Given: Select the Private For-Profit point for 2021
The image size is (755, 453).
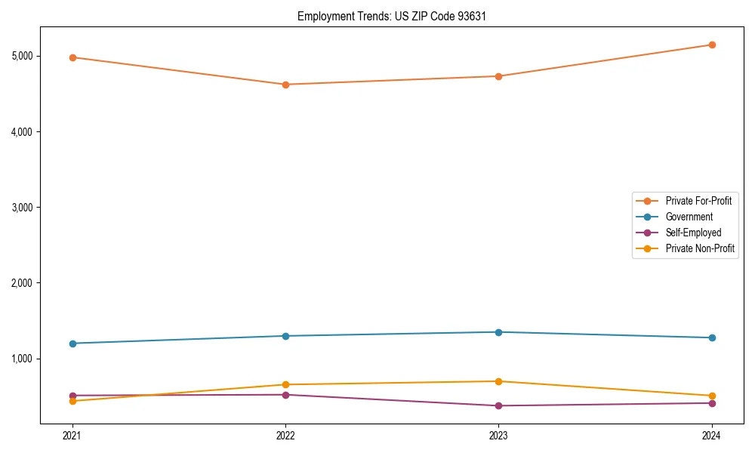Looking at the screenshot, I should pos(72,57).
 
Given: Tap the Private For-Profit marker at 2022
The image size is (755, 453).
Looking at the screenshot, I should pos(285,85).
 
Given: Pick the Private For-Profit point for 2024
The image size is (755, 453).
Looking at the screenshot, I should pos(711,45).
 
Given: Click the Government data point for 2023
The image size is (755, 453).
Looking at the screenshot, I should pos(498,332).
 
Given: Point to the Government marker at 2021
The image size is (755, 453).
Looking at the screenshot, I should pos(72,344).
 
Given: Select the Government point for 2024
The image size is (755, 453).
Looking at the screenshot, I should pos(711,337).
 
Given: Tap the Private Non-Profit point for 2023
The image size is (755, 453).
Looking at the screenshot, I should pos(498,381).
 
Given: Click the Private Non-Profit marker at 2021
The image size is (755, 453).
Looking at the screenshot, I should pos(72,401).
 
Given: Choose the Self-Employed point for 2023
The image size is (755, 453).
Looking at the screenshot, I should pos(498,405).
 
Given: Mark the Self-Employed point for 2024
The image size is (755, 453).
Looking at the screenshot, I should pos(711,403).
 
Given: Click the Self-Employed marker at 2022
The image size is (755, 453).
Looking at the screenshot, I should pos(285,395).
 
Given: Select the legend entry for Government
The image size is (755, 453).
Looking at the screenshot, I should pos(689,217).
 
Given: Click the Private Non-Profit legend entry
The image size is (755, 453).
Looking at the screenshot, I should pos(700,248).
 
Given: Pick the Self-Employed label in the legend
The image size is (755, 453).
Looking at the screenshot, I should pos(693,233).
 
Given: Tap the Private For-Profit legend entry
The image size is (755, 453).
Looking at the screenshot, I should pos(698,201).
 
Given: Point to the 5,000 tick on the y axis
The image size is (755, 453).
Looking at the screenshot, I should pos(22,57).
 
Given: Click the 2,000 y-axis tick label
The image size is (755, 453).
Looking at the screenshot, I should pos(22,283).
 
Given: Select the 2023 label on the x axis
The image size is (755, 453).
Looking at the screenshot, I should pos(498,435).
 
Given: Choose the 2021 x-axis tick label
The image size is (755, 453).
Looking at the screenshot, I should pos(72,435).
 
